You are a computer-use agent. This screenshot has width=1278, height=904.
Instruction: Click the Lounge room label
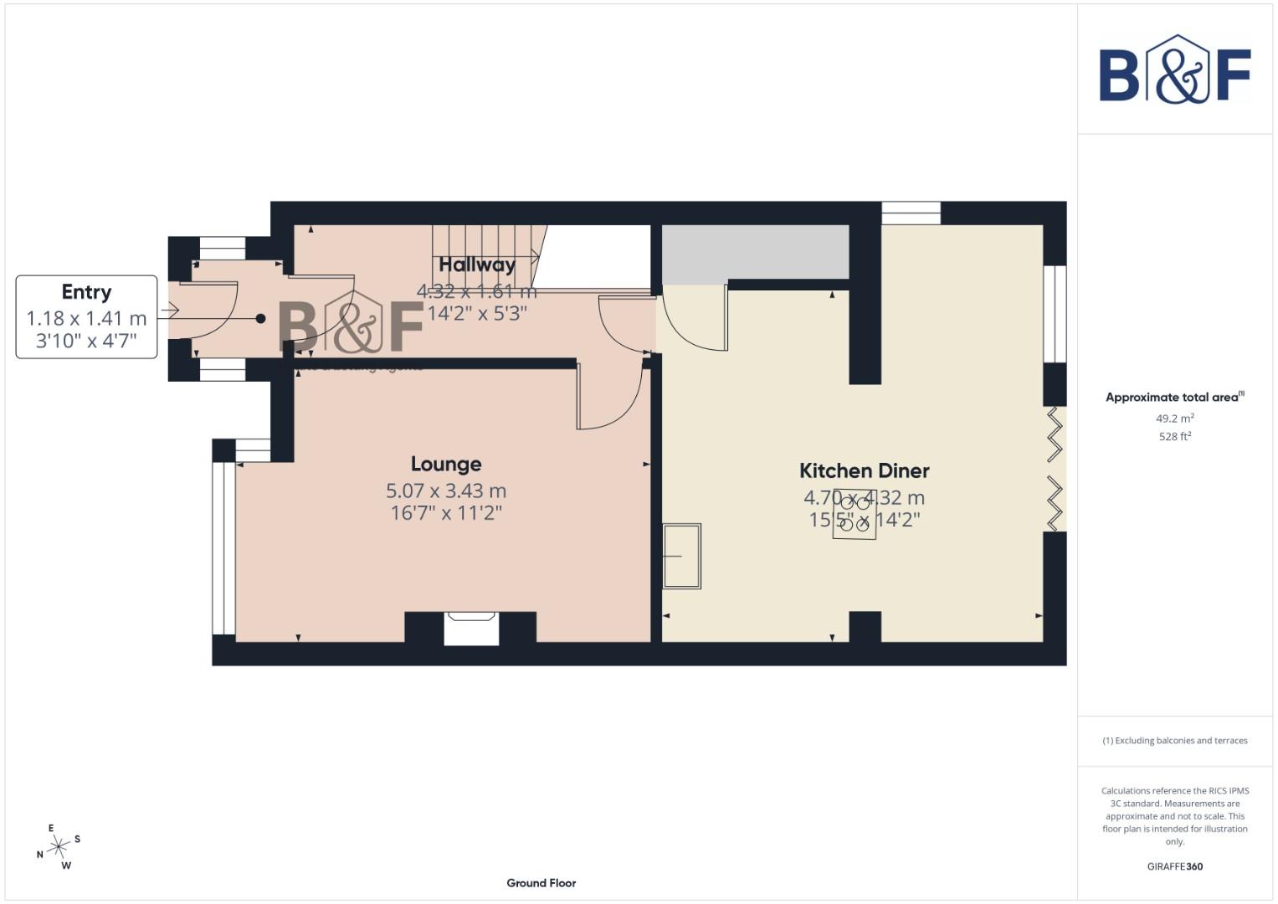coord(445,464)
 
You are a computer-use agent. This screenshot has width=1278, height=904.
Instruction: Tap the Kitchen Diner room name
coord(864,470)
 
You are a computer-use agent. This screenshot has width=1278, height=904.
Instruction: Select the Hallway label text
coord(477,265)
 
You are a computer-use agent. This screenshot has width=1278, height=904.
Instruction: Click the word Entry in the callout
coord(86,292)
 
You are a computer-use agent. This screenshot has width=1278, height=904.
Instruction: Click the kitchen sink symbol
coord(681,557)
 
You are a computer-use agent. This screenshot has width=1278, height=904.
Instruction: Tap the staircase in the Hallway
coord(485,246)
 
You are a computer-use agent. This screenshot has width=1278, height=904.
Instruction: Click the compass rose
coord(58,847)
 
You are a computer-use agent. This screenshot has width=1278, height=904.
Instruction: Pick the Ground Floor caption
coord(541,882)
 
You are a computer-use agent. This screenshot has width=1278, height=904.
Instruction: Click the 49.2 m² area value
coord(1174,419)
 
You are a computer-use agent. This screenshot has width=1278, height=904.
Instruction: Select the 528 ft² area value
coord(1174,436)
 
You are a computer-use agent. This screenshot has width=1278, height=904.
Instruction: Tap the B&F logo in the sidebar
coord(1174,70)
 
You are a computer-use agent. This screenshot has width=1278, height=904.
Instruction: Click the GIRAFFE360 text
coord(1174,866)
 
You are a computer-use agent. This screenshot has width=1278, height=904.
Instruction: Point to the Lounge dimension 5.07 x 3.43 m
coord(445,491)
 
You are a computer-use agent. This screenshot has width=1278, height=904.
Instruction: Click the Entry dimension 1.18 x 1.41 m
coord(86,319)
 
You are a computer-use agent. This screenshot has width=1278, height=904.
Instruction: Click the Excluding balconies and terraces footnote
coord(1174,741)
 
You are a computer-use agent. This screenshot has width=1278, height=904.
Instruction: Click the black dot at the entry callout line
coord(260,318)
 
